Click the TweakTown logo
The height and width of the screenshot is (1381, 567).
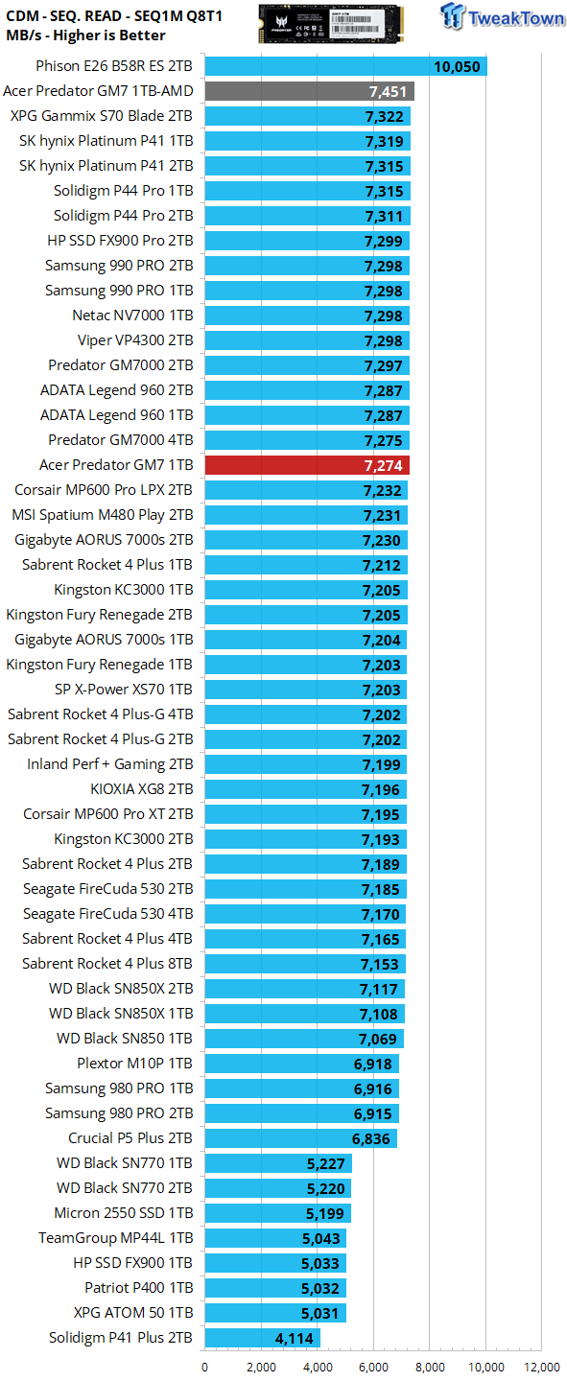click(x=502, y=16)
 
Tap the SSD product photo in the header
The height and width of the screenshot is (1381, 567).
click(x=331, y=24)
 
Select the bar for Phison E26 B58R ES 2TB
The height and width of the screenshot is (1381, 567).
click(x=345, y=66)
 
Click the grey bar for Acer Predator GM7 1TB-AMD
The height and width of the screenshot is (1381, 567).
click(x=309, y=91)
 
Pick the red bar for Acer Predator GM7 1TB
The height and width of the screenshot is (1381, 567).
click(x=307, y=465)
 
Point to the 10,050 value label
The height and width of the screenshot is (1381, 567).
click(x=457, y=67)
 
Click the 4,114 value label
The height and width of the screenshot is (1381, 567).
click(x=295, y=1339)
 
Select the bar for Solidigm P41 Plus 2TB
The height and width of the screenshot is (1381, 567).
click(x=262, y=1338)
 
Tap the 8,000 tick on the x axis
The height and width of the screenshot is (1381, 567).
click(x=430, y=1367)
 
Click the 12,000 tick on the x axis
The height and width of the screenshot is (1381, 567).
click(x=541, y=1367)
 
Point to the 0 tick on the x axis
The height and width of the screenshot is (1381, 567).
click(x=205, y=1367)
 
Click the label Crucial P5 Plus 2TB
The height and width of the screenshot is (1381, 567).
click(x=130, y=1138)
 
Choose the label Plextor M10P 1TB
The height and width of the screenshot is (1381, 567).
click(x=134, y=1064)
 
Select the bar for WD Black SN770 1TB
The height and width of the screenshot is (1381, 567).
click(x=278, y=1163)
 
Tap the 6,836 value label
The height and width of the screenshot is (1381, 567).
click(x=370, y=1138)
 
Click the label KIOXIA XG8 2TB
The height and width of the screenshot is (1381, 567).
click(x=141, y=789)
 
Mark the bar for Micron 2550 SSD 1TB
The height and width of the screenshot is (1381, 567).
click(x=277, y=1213)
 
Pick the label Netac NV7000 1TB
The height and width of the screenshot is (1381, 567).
click(x=132, y=315)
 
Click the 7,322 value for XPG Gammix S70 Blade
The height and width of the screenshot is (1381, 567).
click(x=384, y=117)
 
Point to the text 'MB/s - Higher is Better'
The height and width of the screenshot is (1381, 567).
click(x=85, y=35)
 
